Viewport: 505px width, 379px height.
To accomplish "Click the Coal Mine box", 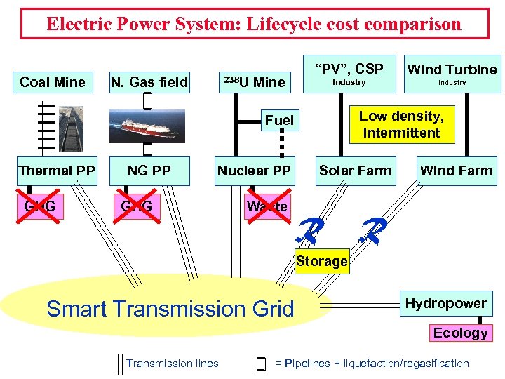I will (x=53, y=82).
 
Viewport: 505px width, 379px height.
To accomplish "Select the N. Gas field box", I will (x=149, y=82).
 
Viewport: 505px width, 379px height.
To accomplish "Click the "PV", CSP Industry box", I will (x=349, y=74).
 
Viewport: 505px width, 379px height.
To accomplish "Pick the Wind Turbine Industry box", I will (x=452, y=74).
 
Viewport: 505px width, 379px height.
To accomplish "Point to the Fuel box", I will (x=279, y=120).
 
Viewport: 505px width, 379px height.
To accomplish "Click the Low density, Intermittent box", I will (x=400, y=124).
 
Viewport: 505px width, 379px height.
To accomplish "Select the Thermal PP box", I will (x=57, y=171).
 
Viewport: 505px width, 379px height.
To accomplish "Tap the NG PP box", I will (x=149, y=171).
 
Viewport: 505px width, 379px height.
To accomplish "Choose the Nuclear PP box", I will (x=254, y=171).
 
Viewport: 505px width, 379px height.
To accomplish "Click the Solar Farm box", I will (x=356, y=171).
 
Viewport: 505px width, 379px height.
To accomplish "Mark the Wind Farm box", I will (x=456, y=171).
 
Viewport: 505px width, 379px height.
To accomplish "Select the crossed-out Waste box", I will (x=267, y=206).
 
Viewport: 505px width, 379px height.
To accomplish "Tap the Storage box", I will (x=321, y=261).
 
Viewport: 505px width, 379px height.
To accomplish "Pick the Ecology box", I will (x=460, y=333).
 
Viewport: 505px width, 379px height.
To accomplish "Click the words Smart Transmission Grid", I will (x=170, y=308).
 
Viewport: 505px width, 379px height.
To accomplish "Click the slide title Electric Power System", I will (x=254, y=24).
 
